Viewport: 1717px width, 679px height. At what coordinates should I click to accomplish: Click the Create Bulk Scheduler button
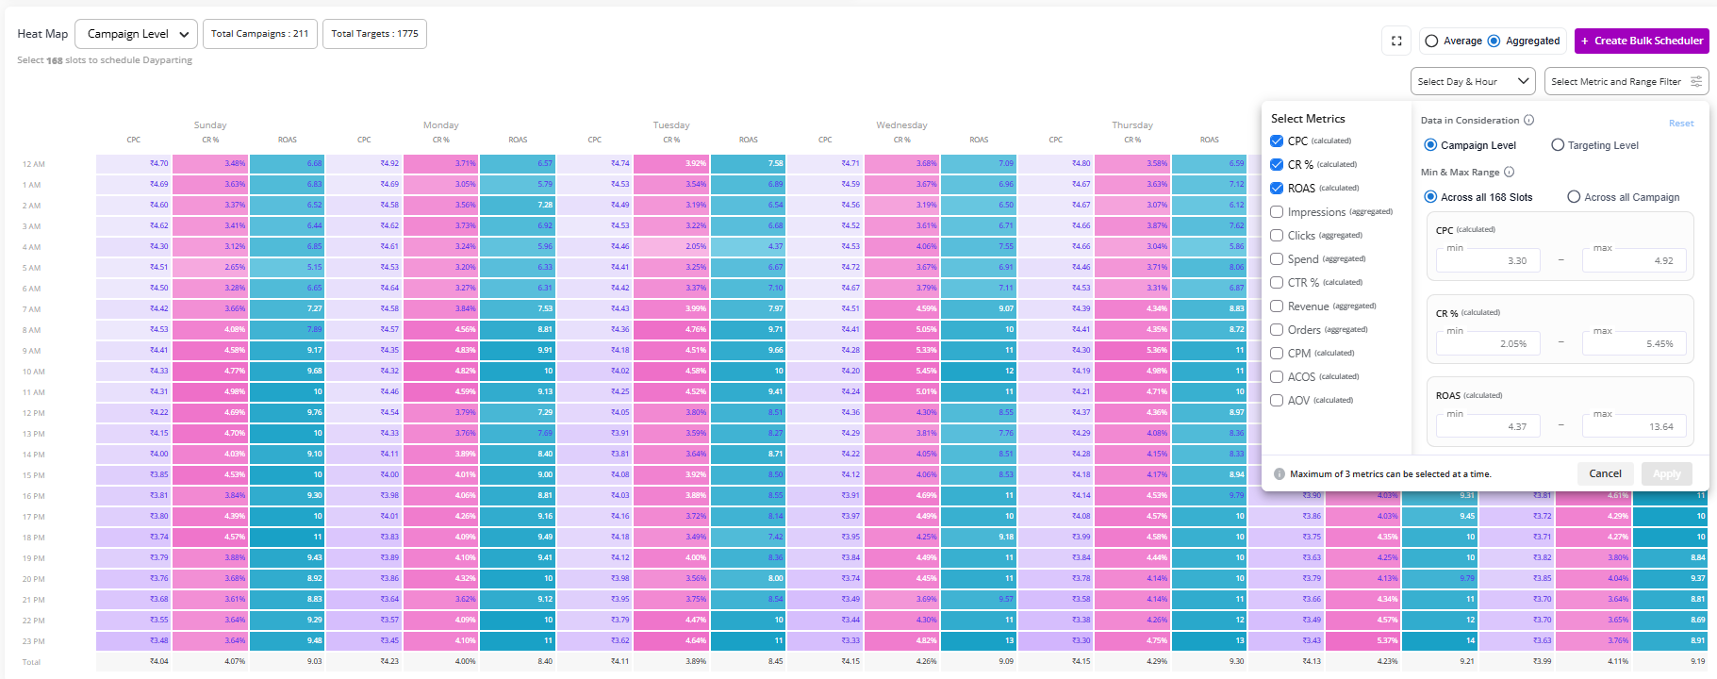coord(1642,41)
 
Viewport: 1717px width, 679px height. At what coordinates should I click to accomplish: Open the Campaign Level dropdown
coord(136,34)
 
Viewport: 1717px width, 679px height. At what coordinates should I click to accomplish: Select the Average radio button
coord(1432,41)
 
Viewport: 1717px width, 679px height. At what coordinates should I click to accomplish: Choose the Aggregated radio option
coord(1494,41)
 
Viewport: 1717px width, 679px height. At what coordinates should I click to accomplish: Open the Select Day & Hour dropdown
coord(1472,81)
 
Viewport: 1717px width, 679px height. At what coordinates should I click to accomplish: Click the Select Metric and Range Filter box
coord(1626,81)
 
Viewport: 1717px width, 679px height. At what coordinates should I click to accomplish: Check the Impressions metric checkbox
coord(1278,212)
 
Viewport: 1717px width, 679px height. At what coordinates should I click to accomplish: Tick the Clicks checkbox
coord(1278,236)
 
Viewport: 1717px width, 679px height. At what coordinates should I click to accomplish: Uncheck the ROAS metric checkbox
coord(1278,189)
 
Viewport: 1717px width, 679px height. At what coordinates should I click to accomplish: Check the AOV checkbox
coord(1278,401)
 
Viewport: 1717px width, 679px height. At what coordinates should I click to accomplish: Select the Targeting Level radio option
coord(1559,145)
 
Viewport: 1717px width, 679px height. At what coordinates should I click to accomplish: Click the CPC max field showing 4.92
coord(1633,260)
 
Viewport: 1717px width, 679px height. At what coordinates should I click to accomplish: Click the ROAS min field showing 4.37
coord(1488,426)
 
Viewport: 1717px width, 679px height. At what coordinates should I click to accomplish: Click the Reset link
coord(1680,124)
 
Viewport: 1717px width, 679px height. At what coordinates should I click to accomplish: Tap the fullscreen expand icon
coord(1396,41)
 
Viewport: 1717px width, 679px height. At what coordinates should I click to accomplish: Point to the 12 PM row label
coord(34,413)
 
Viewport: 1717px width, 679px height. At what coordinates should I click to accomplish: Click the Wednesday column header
coord(901,124)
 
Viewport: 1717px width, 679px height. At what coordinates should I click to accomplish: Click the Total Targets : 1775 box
coord(374,34)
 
